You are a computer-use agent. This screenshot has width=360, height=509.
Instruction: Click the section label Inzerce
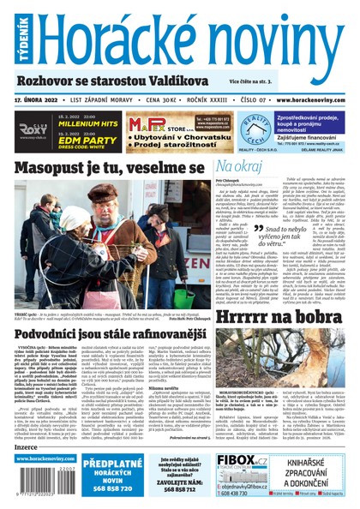(x=27, y=446)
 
